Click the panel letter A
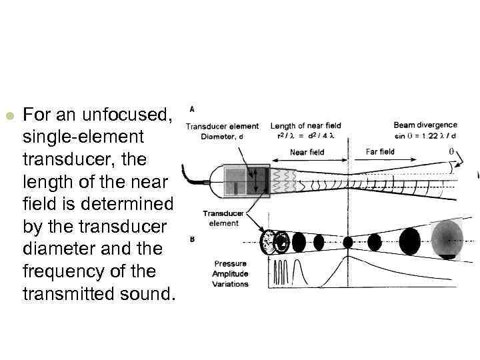[x=193, y=109]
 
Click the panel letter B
[x=192, y=238]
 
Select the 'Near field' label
[x=307, y=152]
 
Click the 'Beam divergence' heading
[x=425, y=125]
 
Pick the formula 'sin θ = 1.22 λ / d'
[x=426, y=135]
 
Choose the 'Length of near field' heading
[x=305, y=125]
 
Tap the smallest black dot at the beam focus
[x=347, y=241]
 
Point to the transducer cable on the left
[x=197, y=178]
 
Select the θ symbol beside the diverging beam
[x=451, y=151]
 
